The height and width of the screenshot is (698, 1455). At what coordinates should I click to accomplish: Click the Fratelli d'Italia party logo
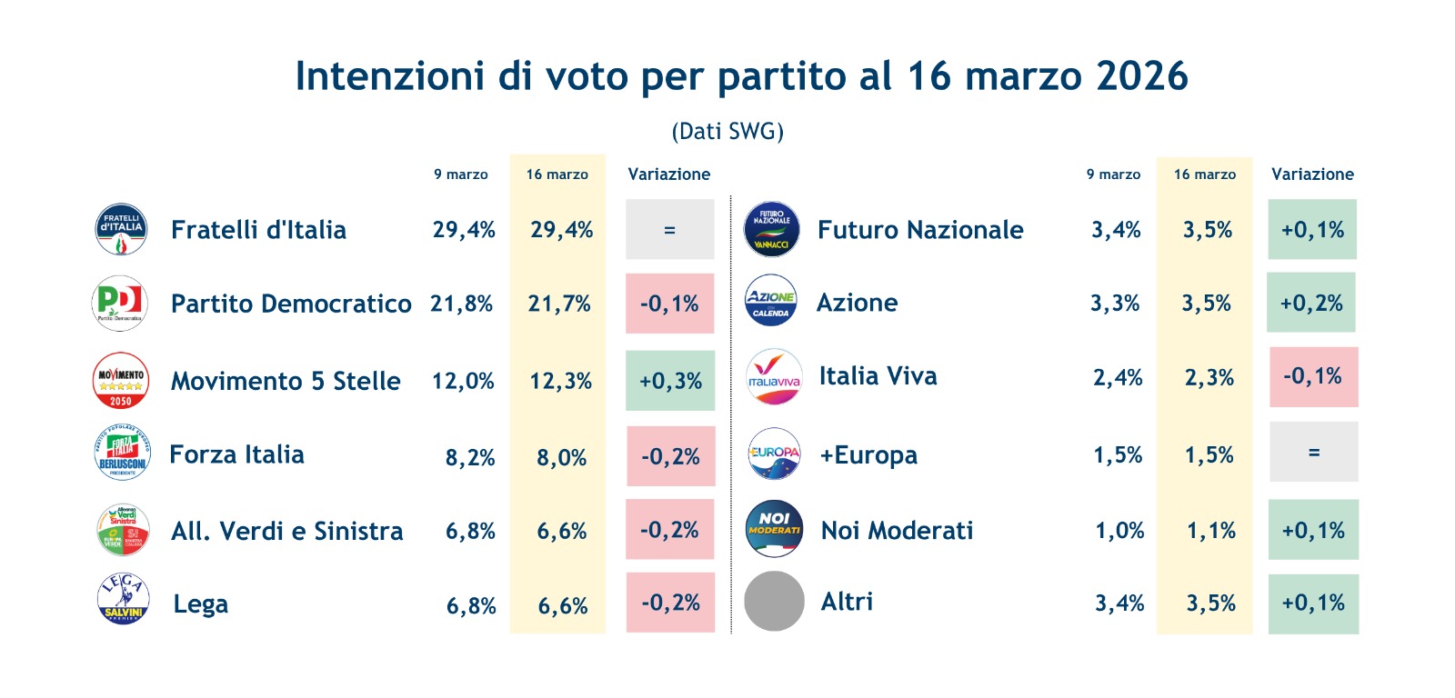(121, 229)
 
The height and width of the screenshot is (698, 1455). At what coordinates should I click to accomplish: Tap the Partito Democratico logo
(120, 303)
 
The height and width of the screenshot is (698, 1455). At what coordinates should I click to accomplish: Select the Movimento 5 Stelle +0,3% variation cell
(670, 381)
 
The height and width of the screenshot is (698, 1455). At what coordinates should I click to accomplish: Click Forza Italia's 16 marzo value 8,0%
(561, 457)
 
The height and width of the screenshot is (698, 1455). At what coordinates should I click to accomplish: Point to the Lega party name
(200, 604)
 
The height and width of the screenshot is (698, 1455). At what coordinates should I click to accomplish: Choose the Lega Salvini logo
(123, 600)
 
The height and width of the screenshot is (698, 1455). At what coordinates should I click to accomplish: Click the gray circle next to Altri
(774, 601)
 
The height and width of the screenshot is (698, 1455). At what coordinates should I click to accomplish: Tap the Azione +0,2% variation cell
(1310, 303)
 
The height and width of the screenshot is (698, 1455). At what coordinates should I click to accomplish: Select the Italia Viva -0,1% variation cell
(1312, 376)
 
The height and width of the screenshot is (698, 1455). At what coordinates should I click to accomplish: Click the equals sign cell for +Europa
(1313, 452)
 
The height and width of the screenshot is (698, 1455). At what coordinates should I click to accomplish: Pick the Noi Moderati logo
(774, 528)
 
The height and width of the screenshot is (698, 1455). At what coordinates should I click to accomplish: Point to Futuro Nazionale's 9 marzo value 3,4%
(1116, 230)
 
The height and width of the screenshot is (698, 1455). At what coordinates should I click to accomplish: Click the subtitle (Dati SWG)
(727, 132)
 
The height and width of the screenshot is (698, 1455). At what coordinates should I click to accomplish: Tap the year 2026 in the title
(1142, 76)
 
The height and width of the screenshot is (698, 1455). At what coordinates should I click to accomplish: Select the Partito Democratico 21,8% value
(461, 304)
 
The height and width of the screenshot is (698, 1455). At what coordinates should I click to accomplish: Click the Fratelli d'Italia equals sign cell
(669, 230)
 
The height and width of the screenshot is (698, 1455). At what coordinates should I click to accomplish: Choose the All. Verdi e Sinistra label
(286, 531)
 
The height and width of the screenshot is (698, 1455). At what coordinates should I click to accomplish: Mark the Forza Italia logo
(122, 453)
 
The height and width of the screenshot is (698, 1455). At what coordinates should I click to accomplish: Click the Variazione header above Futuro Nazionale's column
(1312, 174)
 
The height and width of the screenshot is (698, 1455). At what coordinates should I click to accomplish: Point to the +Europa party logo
(774, 454)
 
